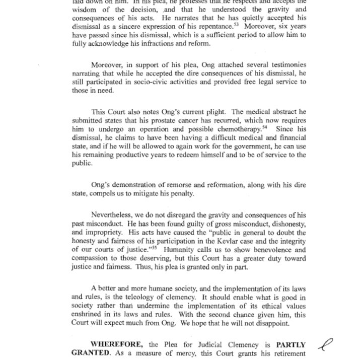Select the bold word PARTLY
pos(291,345)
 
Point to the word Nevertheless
pos(116,214)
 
